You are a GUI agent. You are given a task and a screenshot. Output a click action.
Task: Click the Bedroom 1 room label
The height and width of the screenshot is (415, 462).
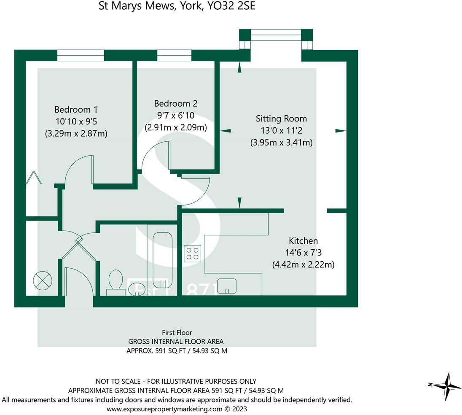76,110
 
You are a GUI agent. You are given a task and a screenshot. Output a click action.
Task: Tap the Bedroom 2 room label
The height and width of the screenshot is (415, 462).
176,103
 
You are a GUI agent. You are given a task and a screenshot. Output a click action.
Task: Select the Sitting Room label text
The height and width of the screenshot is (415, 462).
282,119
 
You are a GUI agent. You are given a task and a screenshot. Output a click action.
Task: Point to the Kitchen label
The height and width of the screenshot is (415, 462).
303,241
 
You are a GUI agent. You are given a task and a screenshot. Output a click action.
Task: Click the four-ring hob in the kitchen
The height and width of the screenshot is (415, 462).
192,254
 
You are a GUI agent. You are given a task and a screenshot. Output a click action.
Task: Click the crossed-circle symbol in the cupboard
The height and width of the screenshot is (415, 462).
42,280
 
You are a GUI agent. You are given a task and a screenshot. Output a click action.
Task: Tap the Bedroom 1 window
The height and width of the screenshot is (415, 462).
81,55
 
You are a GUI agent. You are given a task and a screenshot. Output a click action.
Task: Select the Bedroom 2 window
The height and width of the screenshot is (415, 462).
174,55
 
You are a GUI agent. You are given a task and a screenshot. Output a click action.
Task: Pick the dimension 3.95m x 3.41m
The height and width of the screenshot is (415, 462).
282,143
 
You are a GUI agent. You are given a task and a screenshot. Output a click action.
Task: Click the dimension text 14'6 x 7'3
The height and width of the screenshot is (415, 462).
303,253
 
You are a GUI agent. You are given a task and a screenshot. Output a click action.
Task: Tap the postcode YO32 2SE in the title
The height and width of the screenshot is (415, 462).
232,6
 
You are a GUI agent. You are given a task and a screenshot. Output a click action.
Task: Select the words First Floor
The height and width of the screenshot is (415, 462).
177,332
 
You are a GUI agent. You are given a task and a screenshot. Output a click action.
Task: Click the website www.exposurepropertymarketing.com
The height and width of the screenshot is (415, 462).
164,409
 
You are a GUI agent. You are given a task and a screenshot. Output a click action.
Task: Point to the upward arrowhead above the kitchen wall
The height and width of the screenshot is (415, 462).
239,203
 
